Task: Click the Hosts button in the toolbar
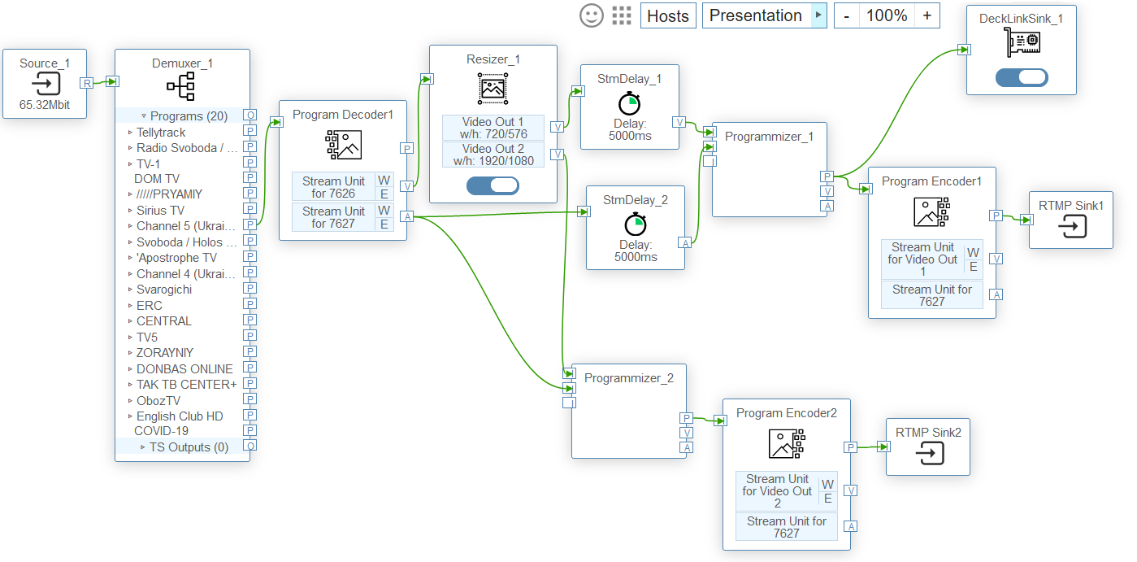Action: click(x=668, y=15)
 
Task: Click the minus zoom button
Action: click(x=847, y=15)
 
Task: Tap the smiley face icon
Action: click(x=591, y=15)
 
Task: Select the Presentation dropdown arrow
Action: click(x=818, y=15)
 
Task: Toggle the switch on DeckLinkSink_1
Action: click(x=1022, y=77)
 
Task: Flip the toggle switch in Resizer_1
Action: click(x=493, y=185)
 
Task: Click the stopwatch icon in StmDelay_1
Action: click(x=629, y=103)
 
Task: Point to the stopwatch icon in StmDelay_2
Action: click(x=635, y=224)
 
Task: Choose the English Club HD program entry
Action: click(x=180, y=416)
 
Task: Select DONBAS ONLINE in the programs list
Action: click(x=184, y=368)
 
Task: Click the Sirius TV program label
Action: click(x=160, y=210)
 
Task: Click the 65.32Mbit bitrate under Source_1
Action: click(x=45, y=105)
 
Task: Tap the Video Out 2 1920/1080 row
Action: click(x=493, y=155)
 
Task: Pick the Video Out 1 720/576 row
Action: click(x=493, y=128)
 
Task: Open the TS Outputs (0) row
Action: click(x=189, y=447)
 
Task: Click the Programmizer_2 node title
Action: click(x=628, y=377)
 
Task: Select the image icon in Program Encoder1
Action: click(x=931, y=211)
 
